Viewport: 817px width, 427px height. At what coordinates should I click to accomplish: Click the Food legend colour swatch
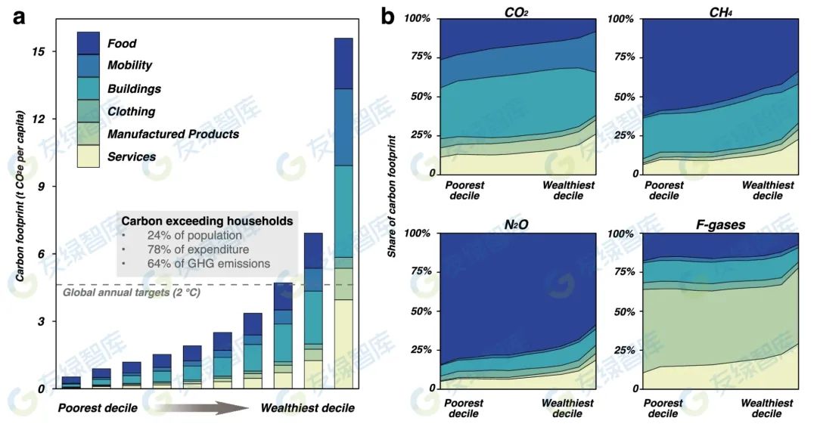[x=89, y=43]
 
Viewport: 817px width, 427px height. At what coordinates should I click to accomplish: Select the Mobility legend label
[x=129, y=66]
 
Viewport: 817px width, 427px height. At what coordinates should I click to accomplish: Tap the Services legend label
[x=132, y=157]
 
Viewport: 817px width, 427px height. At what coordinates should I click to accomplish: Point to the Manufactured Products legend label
[x=173, y=135]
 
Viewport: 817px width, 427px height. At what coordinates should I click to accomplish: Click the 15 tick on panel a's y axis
[x=39, y=51]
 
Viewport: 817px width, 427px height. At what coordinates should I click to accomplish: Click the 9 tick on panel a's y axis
[x=42, y=186]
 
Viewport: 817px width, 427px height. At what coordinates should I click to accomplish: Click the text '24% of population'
[x=194, y=236]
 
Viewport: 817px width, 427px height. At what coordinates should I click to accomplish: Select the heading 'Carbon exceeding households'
[x=207, y=221]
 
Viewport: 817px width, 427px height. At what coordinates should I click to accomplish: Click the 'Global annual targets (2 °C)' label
[x=131, y=292]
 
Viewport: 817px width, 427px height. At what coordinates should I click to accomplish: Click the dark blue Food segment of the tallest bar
[x=343, y=63]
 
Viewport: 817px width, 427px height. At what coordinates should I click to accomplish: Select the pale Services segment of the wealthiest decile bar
[x=343, y=344]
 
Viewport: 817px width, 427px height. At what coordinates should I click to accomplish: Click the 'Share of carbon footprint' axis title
[x=391, y=196]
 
